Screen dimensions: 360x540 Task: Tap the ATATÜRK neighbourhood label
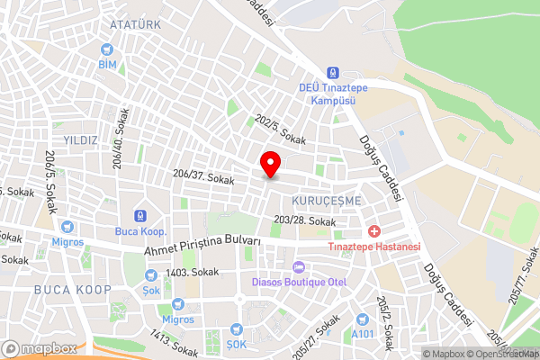(x=135, y=24)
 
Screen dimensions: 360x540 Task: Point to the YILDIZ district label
(x=80, y=139)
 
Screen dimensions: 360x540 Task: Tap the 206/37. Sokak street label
(x=203, y=180)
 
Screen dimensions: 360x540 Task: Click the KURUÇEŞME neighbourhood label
(x=326, y=199)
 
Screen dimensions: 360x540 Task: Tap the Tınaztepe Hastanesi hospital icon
(x=373, y=231)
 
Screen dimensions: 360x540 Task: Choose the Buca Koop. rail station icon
(x=139, y=216)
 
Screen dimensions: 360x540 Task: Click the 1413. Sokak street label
(x=174, y=343)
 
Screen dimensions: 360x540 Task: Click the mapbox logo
(x=39, y=348)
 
